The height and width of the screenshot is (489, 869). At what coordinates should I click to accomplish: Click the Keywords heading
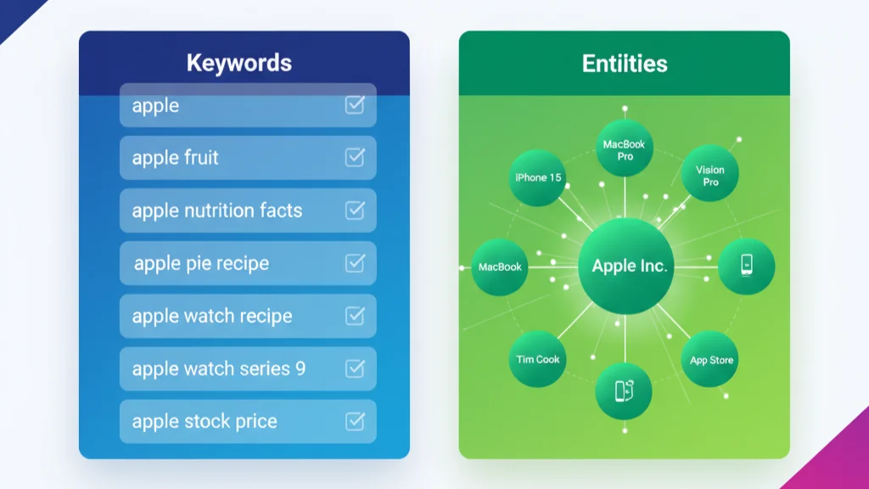pos(238,63)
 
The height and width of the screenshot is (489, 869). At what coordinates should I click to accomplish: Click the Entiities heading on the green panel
pos(625,63)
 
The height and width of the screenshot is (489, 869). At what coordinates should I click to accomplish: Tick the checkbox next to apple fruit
pos(355,157)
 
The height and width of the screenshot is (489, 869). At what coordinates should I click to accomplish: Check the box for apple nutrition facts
pos(355,211)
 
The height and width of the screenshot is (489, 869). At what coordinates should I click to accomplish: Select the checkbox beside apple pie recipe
pos(355,263)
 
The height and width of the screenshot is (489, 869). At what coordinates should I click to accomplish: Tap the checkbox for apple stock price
pos(355,421)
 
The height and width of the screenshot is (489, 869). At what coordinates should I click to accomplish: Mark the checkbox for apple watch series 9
pos(355,368)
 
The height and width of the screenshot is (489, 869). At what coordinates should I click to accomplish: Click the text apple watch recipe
pos(211,316)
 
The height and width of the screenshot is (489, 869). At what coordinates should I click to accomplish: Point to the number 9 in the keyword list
pos(300,368)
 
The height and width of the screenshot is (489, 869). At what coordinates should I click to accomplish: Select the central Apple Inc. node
pos(626,266)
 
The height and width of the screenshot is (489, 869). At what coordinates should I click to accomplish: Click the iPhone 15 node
pos(537,177)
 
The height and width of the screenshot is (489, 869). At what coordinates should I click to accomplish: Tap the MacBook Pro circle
pos(625,149)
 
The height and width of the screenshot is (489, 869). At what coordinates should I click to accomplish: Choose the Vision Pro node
pos(710,173)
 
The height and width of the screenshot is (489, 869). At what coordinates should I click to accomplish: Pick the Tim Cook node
pos(537,359)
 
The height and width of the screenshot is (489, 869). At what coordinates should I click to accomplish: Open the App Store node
pos(710,359)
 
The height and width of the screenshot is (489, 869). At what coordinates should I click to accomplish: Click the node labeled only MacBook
pos(500,267)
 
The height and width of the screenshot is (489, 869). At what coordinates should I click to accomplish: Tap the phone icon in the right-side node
pos(747,265)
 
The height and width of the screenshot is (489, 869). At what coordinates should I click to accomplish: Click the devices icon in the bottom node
pos(625,391)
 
